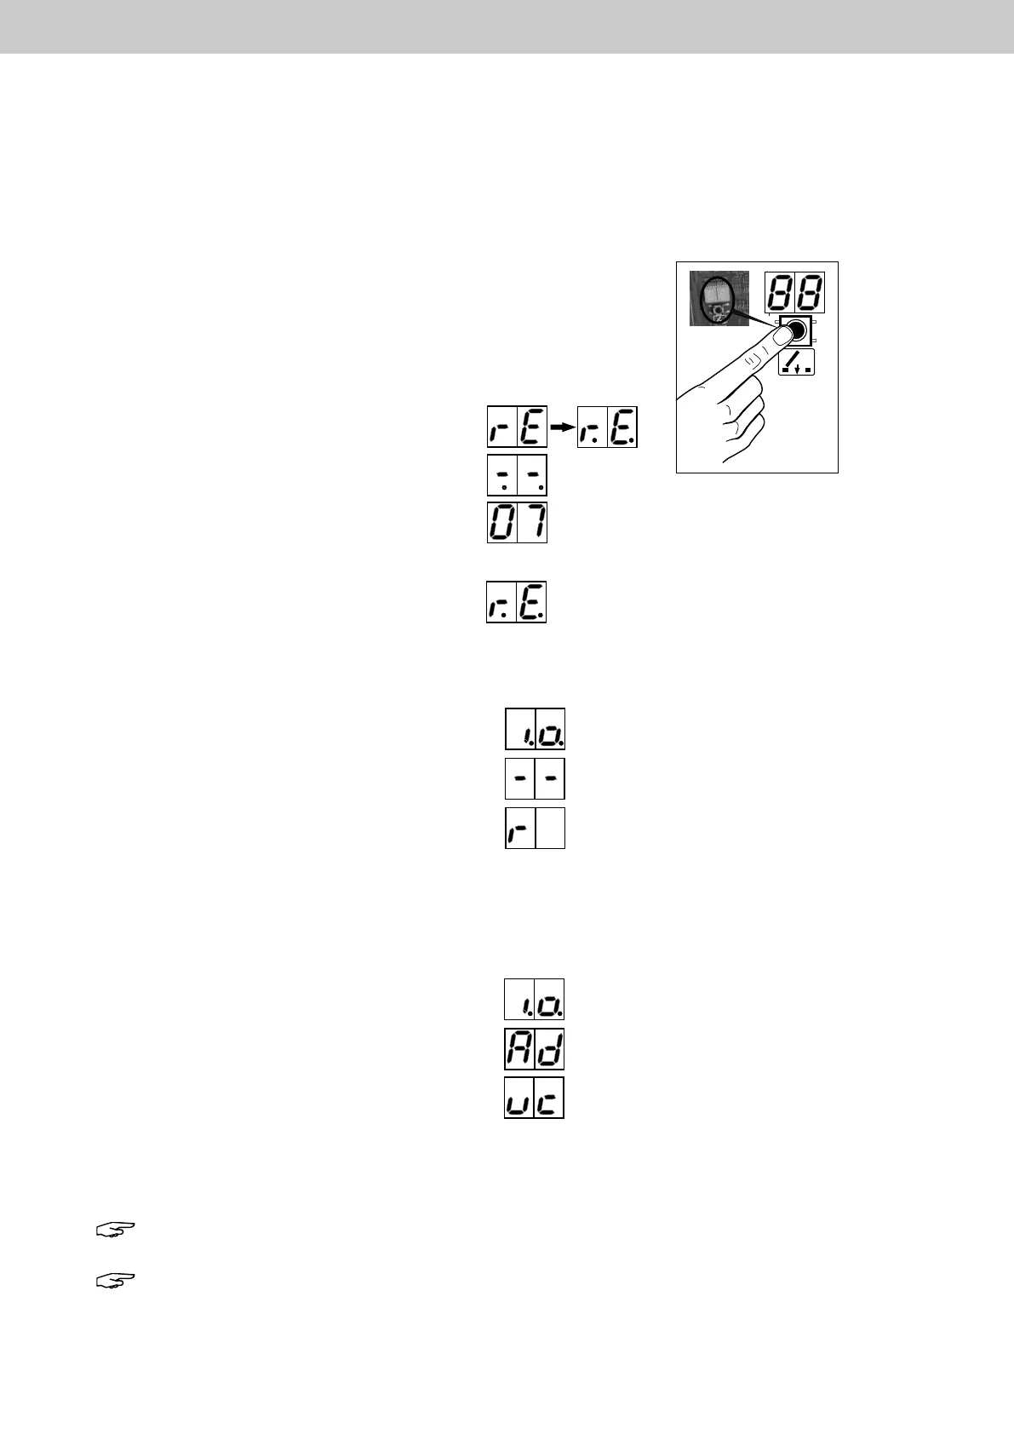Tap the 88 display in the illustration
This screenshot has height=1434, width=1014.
pyautogui.click(x=795, y=293)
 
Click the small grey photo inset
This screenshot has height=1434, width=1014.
pyautogui.click(x=719, y=298)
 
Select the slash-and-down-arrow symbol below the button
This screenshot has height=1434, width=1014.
pyautogui.click(x=796, y=362)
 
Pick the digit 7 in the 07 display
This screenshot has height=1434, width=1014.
pyautogui.click(x=532, y=522)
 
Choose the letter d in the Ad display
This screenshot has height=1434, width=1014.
pyautogui.click(x=549, y=1049)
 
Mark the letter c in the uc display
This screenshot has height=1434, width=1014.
pyautogui.click(x=549, y=1098)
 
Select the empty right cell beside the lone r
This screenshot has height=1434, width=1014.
pyautogui.click(x=551, y=828)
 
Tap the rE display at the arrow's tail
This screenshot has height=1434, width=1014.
pyautogui.click(x=516, y=427)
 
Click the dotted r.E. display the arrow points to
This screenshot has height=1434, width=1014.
pyautogui.click(x=607, y=427)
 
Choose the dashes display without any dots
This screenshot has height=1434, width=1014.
pyautogui.click(x=535, y=778)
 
